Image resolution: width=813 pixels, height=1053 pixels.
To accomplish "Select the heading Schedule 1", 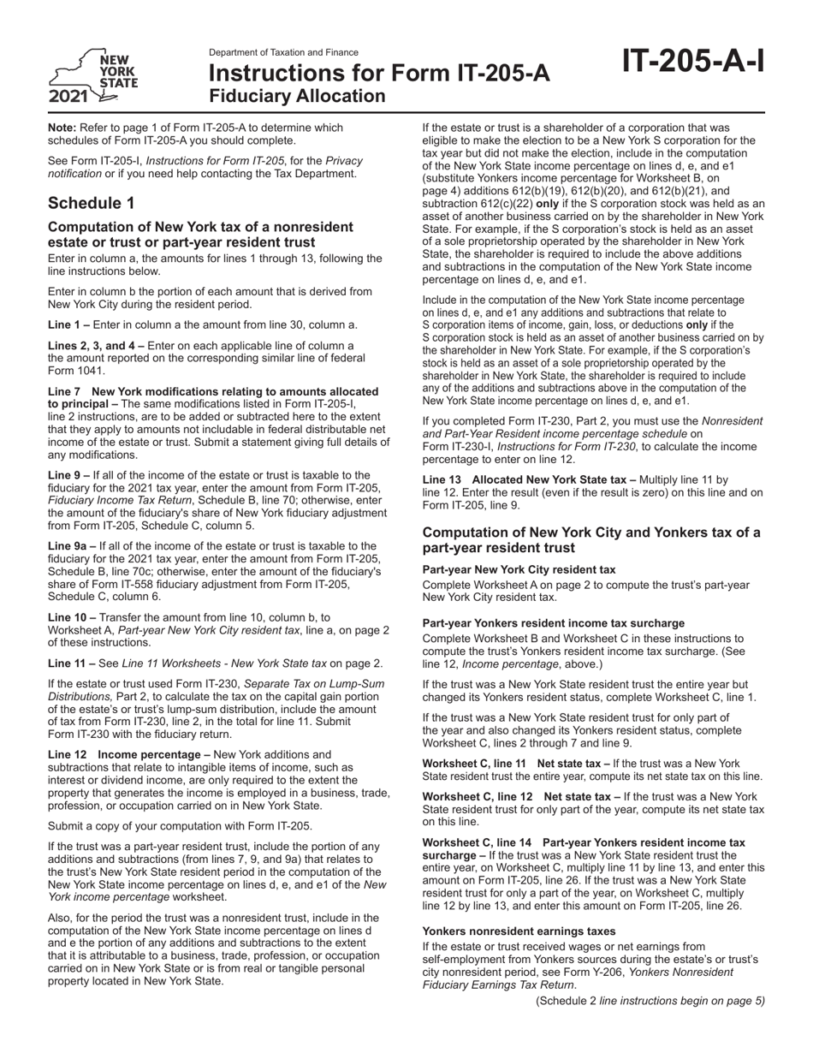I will pos(91,203).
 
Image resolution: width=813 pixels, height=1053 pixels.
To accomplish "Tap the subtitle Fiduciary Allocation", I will pos(297,96).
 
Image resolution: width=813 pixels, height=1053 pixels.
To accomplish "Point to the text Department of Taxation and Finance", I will pos(283,52).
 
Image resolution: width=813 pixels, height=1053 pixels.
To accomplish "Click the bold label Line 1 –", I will pos(68,324).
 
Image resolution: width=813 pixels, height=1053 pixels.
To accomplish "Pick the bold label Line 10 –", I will pos(72,616).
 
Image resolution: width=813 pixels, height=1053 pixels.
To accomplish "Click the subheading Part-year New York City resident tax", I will pos(519,569).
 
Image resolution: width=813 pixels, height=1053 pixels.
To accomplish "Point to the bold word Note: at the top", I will pos(62,128).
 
